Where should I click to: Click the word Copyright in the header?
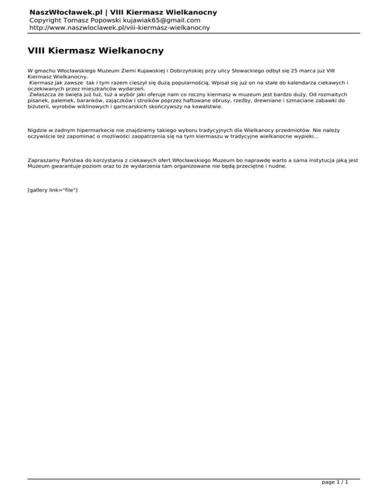47,20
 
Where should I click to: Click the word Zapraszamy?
42,160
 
